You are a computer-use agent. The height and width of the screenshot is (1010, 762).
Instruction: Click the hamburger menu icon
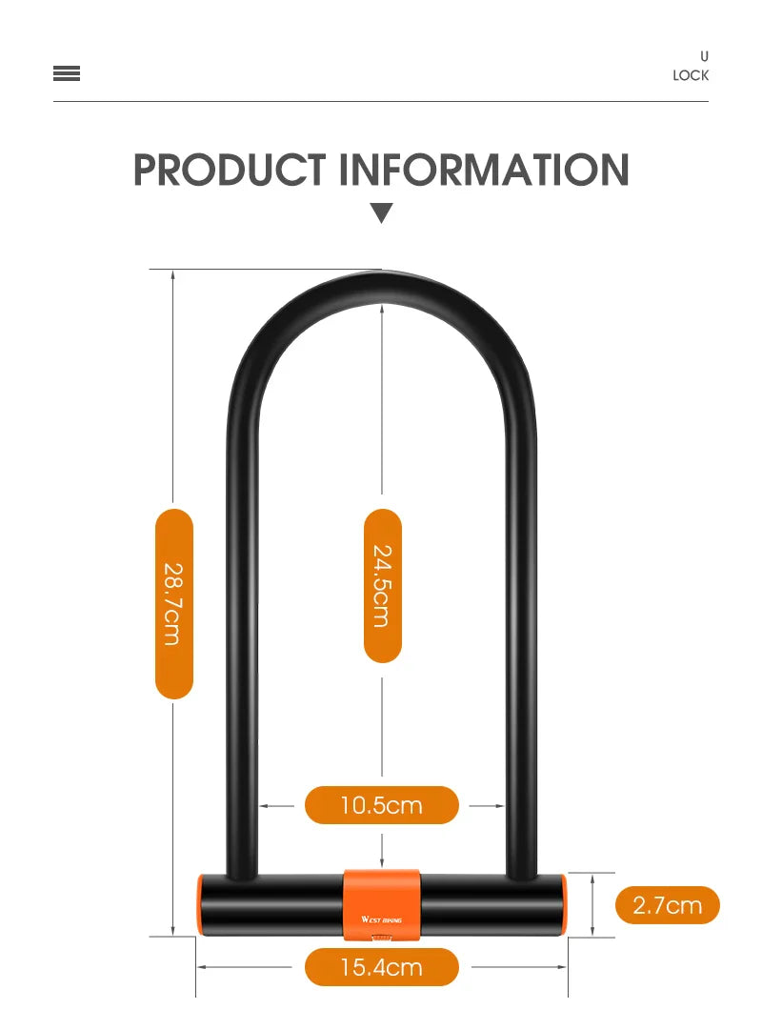pos(67,74)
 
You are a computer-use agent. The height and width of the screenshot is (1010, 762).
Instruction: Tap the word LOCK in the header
pos(691,75)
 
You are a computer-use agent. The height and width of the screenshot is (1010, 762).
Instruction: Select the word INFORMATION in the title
pos(485,171)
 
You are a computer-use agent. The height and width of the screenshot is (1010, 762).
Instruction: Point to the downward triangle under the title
pos(382,212)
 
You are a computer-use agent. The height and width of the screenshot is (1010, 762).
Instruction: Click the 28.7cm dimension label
pos(173,603)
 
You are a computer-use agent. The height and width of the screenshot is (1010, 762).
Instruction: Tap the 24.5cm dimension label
pos(382,585)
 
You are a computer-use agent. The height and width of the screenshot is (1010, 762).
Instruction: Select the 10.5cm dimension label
pos(381,805)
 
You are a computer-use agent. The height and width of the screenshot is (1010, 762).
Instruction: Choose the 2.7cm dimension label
pos(667,904)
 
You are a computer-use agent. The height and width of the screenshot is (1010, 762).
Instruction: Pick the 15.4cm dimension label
pos(381,968)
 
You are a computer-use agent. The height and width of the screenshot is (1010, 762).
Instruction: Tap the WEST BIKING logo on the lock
pos(382,920)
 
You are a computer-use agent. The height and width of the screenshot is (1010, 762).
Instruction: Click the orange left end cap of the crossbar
pos(201,905)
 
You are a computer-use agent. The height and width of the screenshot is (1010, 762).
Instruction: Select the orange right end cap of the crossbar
pos(563,905)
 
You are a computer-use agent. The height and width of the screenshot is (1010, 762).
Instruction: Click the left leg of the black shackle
pos(242,619)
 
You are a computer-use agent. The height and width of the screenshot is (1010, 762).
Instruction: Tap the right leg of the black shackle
pos(521,619)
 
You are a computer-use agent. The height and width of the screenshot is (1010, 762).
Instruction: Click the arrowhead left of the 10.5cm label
pos(265,806)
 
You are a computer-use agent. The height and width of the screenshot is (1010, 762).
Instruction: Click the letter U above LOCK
pos(704,56)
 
